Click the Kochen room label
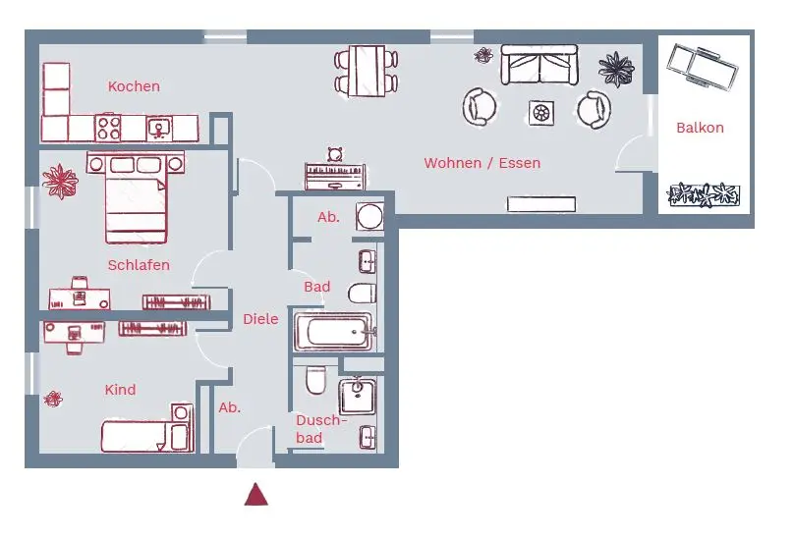(x=134, y=86)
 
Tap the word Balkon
(x=700, y=128)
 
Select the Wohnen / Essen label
(x=482, y=163)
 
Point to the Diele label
(x=260, y=319)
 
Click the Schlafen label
(x=139, y=265)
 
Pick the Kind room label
(x=121, y=390)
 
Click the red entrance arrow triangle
(x=256, y=495)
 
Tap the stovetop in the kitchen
(x=108, y=128)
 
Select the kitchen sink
(x=159, y=129)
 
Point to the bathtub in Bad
(x=333, y=332)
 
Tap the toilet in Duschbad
(x=316, y=380)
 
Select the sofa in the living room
(x=539, y=65)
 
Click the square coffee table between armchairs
(x=541, y=112)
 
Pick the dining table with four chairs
(x=367, y=71)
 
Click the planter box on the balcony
(x=704, y=195)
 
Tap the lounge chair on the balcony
(x=703, y=68)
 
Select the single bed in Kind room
(x=147, y=429)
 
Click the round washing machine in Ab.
(x=369, y=217)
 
